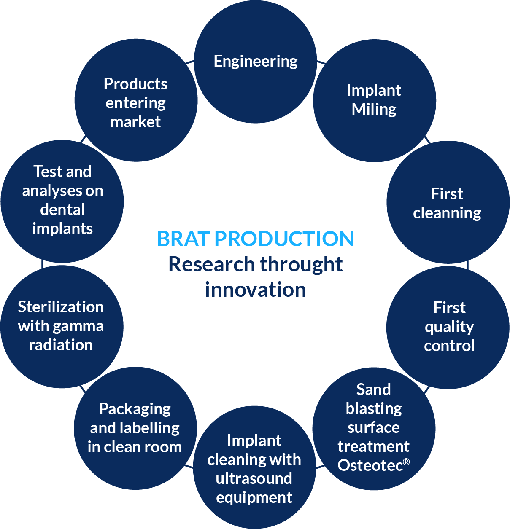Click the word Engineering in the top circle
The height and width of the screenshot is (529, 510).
click(255, 62)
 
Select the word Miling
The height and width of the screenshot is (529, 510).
click(374, 110)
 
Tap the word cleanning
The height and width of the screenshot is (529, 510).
click(447, 213)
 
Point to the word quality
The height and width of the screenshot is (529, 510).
click(449, 327)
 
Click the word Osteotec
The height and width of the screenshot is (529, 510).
click(370, 465)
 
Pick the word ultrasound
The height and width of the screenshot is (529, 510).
click(254, 478)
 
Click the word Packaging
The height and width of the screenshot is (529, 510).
click(135, 409)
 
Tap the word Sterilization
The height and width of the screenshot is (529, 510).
click(61, 307)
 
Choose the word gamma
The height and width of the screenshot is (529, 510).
click(78, 327)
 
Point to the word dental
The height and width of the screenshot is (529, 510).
click(62, 209)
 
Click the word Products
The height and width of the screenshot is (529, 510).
click(135, 84)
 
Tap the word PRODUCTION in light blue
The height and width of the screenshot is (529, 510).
click(284, 239)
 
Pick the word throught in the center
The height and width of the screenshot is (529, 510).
click(301, 265)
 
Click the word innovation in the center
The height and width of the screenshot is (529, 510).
click(255, 290)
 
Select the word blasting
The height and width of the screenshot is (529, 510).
click(374, 409)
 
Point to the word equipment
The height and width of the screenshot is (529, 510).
click(254, 498)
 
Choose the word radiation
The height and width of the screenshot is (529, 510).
click(61, 345)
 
